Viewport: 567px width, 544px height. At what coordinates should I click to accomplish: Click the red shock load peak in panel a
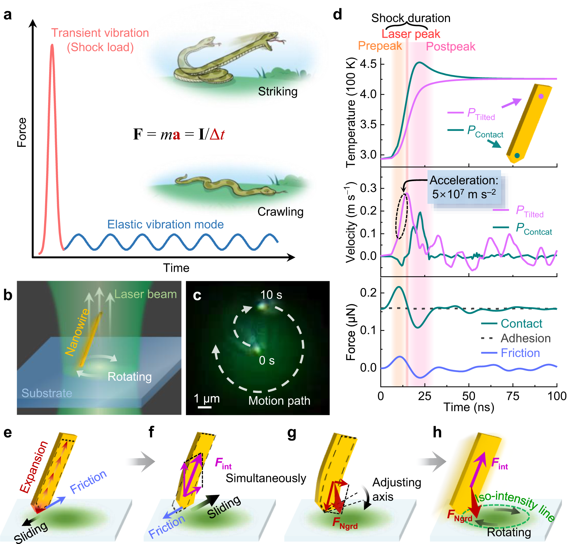point(52,46)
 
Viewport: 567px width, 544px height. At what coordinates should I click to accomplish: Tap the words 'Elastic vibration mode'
point(165,225)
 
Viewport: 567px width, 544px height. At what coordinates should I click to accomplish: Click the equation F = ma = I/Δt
point(179,134)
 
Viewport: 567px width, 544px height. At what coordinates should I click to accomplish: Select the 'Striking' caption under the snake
point(277,92)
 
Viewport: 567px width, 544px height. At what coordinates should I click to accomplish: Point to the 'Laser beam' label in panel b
point(145,294)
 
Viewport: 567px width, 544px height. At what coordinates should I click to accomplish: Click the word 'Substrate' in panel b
point(47,393)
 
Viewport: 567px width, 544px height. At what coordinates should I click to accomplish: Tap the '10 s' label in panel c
point(271,295)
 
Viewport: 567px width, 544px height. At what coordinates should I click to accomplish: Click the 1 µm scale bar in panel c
point(205,407)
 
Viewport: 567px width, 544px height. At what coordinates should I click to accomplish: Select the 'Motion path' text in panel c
point(279,401)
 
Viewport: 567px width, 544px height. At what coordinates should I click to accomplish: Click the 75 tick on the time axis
point(513,396)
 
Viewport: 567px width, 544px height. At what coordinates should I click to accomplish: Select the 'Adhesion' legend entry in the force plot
point(525,338)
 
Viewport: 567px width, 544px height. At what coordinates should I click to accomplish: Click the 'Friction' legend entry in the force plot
point(520,353)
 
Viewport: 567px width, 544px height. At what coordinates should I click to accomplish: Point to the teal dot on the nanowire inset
point(517,156)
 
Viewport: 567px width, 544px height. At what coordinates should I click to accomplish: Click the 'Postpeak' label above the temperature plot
point(450,47)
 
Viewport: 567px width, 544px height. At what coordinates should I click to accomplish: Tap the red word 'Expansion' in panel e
point(34,467)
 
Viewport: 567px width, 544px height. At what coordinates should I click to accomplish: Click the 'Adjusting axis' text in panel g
point(396,490)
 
